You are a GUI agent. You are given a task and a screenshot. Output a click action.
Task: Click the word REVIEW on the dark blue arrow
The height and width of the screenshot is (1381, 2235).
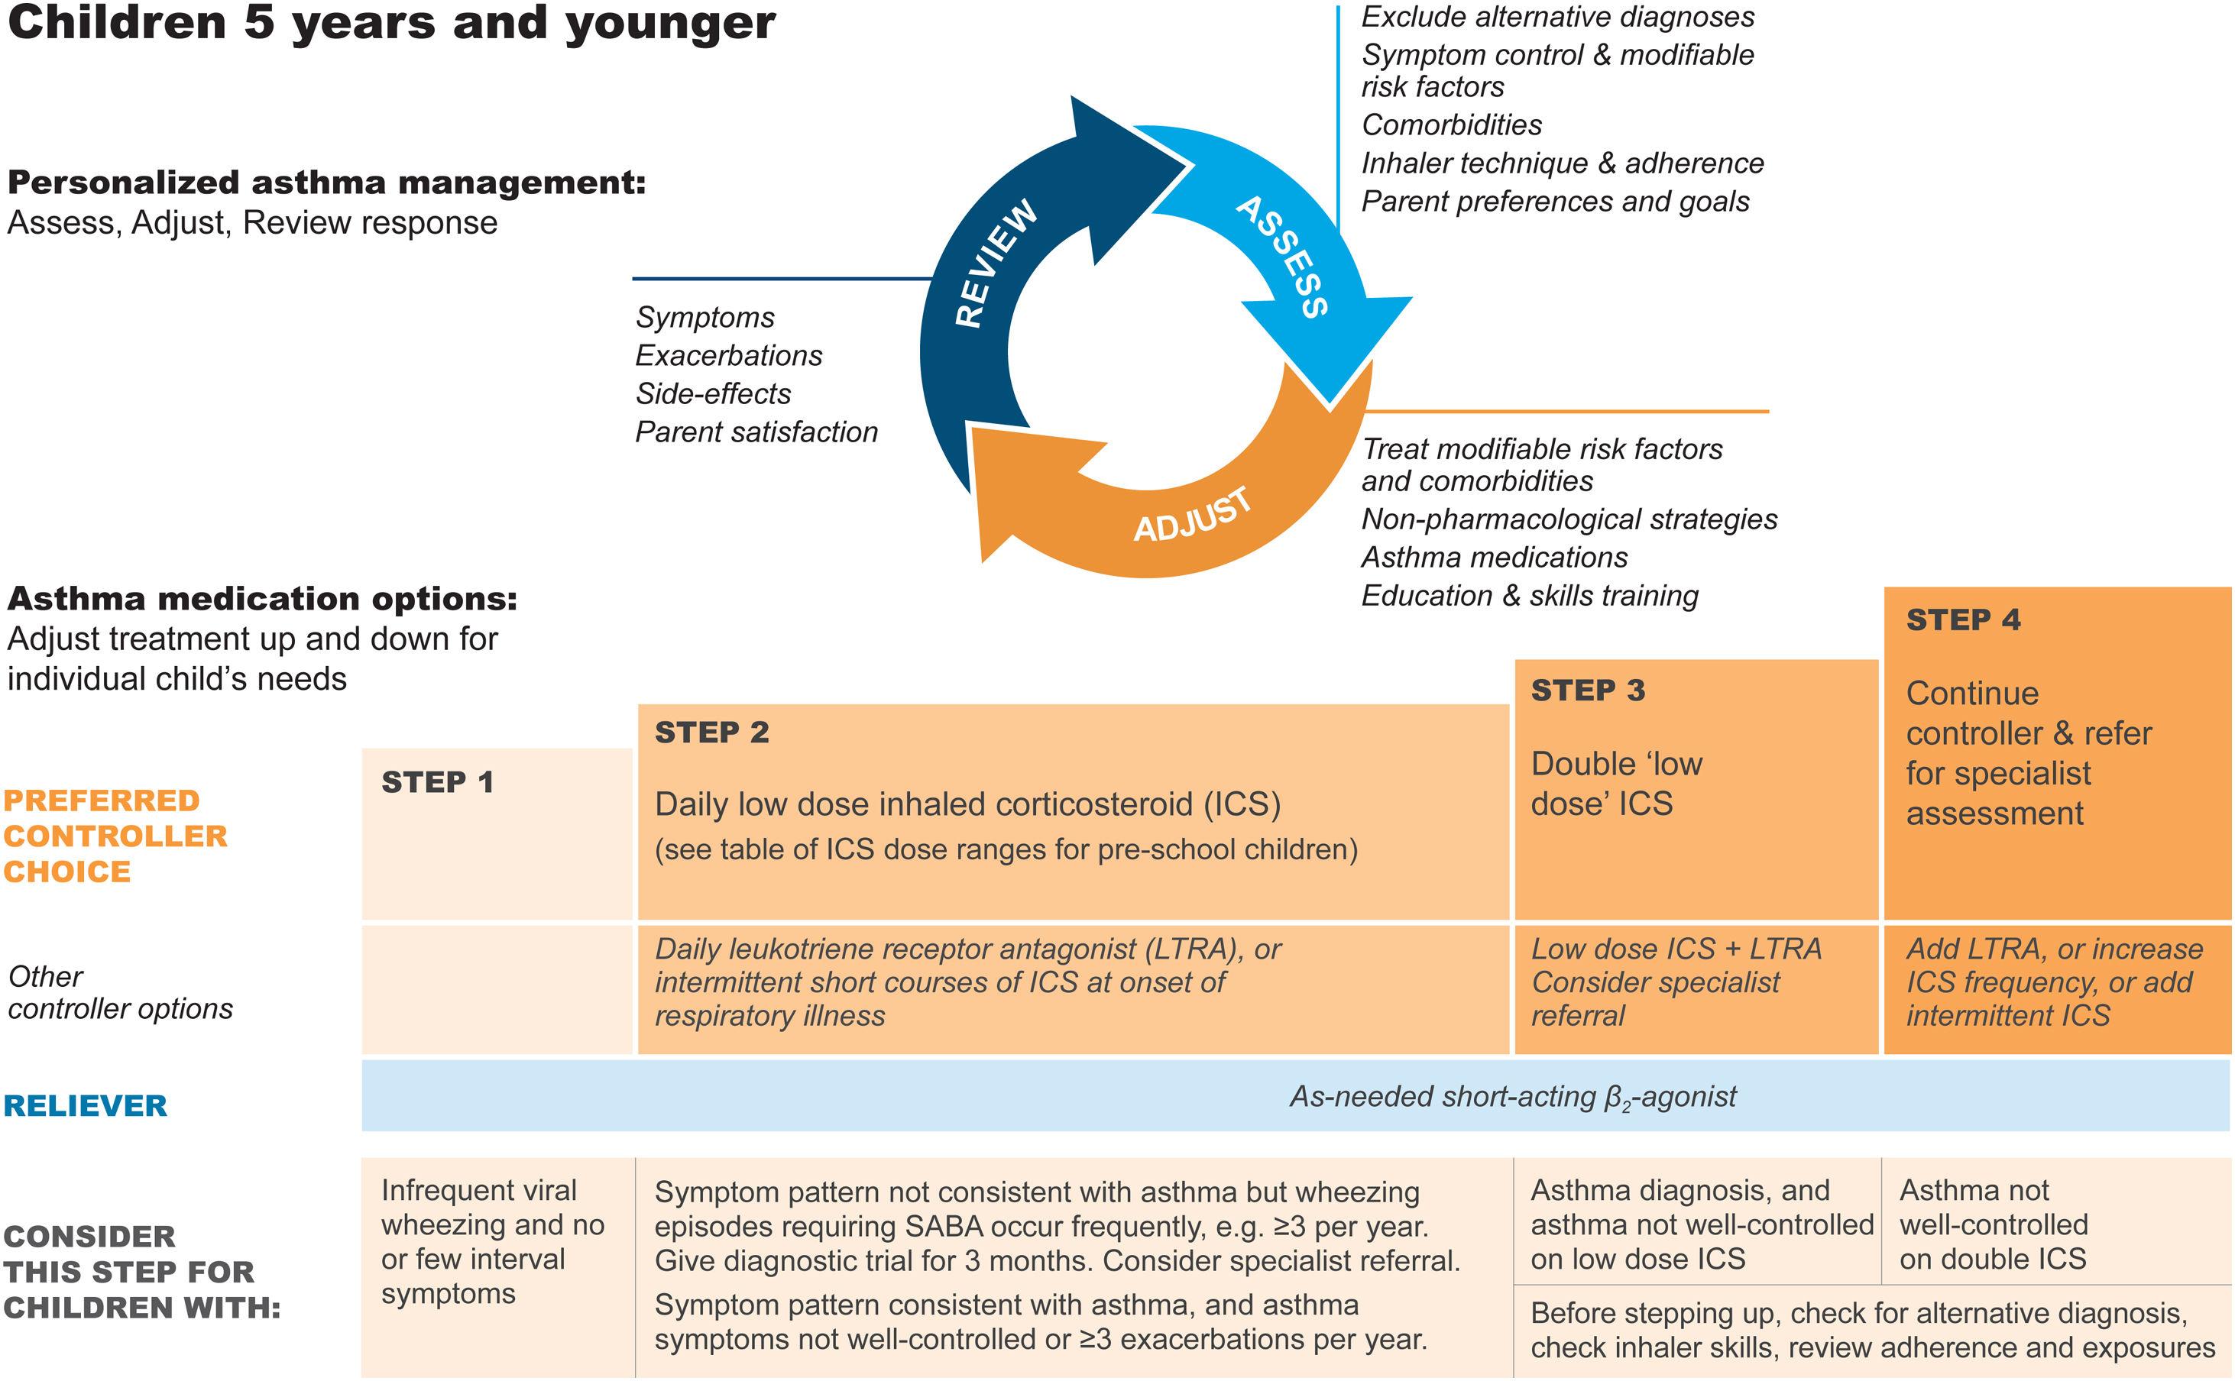tap(996, 263)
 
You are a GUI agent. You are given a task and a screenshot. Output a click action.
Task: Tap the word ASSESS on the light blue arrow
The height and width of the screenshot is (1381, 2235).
tap(1282, 257)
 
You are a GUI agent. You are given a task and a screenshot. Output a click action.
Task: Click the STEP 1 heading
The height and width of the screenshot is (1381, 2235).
tap(438, 783)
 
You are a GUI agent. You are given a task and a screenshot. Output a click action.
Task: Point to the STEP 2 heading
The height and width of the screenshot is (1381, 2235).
tap(712, 733)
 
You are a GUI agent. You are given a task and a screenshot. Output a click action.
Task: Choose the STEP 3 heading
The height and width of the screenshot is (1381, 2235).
tap(1588, 690)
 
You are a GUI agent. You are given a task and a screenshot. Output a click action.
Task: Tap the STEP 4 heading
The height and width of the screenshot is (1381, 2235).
tap(1964, 620)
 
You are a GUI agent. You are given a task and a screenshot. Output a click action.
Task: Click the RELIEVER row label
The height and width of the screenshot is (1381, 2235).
tap(86, 1106)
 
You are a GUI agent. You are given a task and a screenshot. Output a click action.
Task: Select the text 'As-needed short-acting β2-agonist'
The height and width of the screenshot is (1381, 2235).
tap(1513, 1097)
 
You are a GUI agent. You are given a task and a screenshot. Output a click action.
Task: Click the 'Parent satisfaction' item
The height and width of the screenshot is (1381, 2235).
tap(756, 432)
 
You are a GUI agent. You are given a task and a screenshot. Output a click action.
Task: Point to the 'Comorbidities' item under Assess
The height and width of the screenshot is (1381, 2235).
tap(1452, 125)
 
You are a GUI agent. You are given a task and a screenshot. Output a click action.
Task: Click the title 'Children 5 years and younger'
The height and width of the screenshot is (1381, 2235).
tap(391, 23)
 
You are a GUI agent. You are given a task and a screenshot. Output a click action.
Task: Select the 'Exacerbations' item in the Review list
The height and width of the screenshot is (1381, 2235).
tap(729, 355)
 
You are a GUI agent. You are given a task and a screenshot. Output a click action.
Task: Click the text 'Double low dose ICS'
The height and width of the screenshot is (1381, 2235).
tap(1616, 784)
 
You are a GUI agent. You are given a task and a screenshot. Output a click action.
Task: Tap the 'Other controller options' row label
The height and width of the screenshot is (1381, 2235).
tap(120, 993)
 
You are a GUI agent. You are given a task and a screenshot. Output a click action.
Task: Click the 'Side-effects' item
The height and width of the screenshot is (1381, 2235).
tap(714, 393)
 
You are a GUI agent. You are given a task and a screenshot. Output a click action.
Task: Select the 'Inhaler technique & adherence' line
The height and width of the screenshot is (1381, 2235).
tap(1563, 163)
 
